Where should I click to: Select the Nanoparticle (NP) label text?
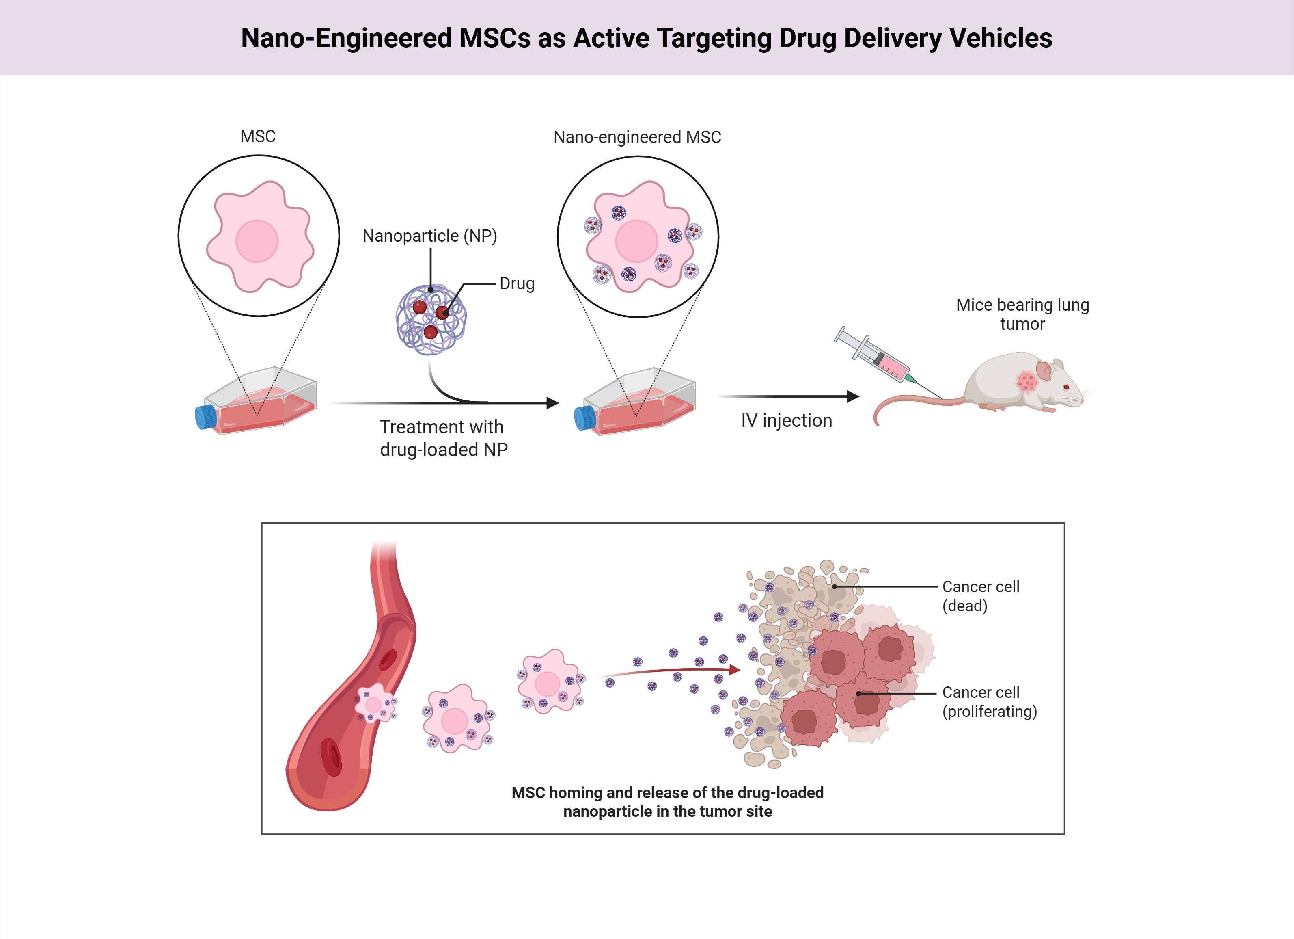429,236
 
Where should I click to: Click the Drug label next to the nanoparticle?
517,284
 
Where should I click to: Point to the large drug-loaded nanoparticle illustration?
431,320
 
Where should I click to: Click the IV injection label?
786,421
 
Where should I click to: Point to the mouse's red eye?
1066,387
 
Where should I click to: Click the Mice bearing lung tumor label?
1022,314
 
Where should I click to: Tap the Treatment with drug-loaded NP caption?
443,438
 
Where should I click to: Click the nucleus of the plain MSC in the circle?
257,241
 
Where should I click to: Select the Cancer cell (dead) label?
980,596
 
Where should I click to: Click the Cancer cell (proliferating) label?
989,701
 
